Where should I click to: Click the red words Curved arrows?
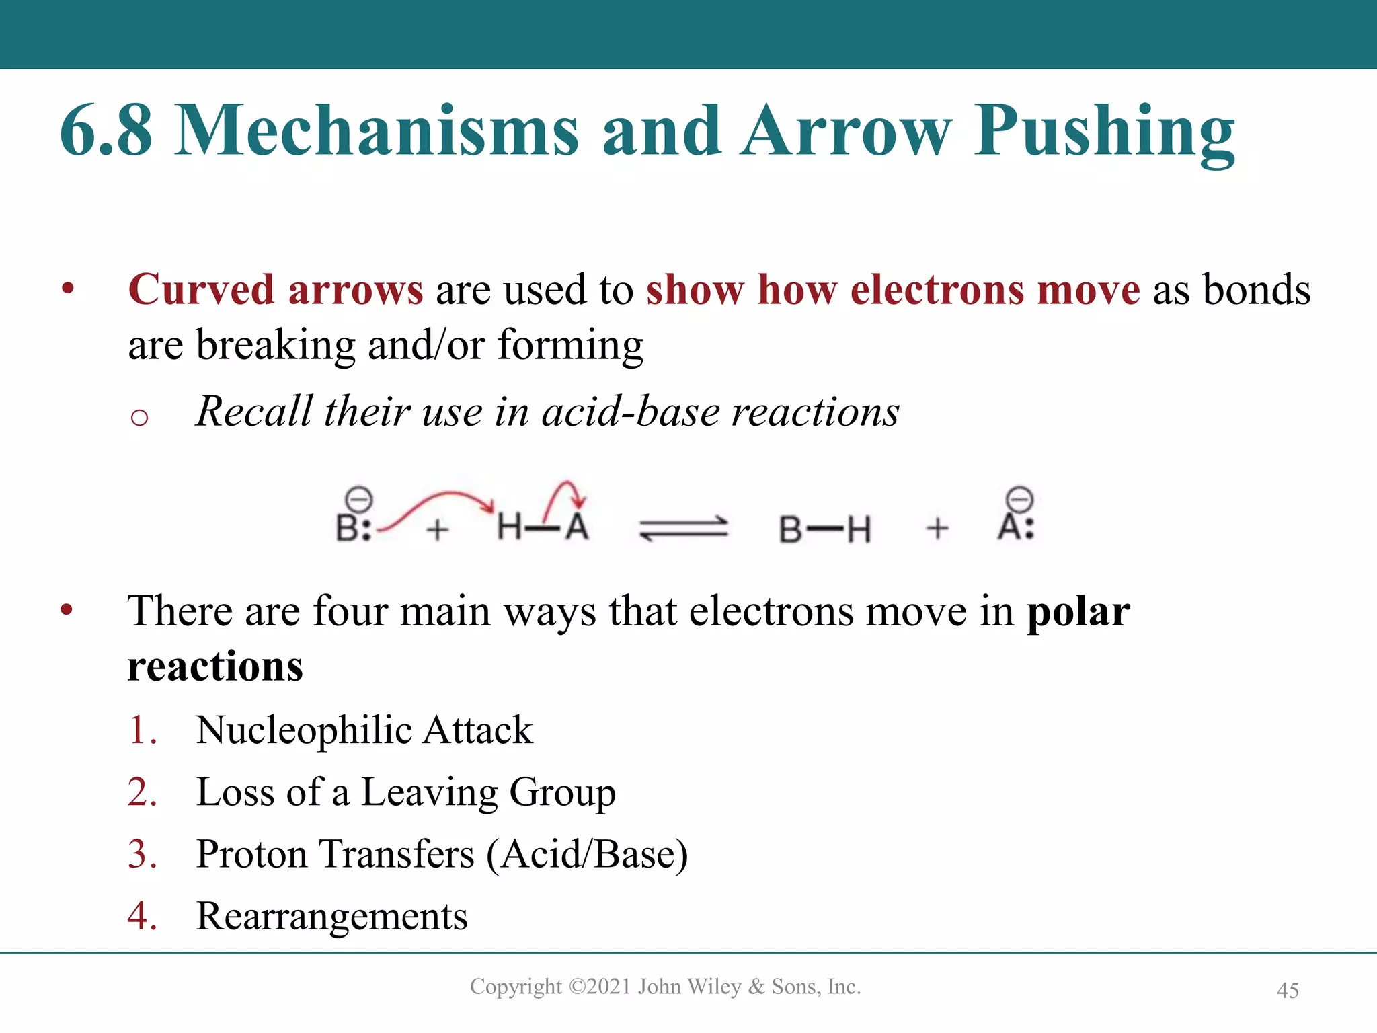coord(276,290)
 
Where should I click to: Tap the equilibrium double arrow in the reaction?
coord(683,528)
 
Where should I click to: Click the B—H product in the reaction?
coord(825,529)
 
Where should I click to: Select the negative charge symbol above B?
coord(358,500)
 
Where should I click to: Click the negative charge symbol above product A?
coord(1019,500)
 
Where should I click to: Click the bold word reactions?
coord(215,666)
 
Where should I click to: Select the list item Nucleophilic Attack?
coord(364,730)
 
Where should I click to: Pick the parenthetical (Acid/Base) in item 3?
coord(587,854)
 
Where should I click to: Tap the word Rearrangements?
coord(331,916)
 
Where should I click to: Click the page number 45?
coord(1288,990)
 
